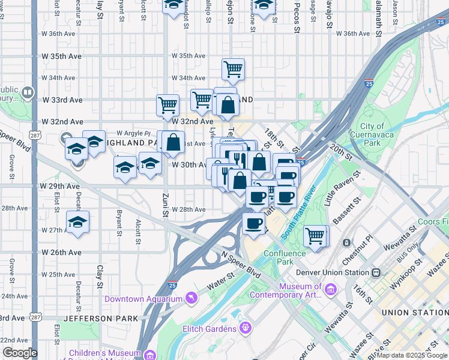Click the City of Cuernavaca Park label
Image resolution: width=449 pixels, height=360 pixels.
coord(372,134)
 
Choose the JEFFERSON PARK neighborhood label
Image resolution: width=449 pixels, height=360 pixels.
coord(101,318)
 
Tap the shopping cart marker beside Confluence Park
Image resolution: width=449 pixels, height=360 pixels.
coord(316,235)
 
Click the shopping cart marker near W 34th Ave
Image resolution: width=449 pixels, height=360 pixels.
coord(233,69)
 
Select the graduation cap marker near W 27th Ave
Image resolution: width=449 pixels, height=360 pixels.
coord(77,223)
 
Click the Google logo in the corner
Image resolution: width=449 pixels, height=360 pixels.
coord(20,353)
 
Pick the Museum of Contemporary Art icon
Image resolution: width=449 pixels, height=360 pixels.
coord(330,290)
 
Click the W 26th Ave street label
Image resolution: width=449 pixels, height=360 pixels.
coord(61,253)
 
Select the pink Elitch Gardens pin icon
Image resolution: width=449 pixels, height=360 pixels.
coord(245,328)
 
